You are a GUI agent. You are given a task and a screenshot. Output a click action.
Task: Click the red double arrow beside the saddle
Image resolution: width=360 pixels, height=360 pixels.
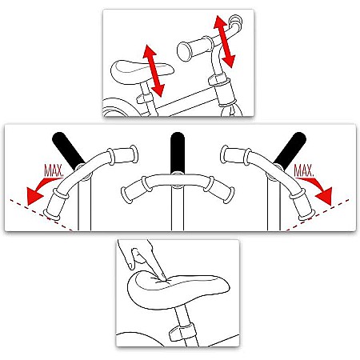coord(154,70)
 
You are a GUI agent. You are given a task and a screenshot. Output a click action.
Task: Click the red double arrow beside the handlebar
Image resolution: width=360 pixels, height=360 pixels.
coord(224,42)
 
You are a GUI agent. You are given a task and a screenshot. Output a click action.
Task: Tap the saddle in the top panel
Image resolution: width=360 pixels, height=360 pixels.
coord(142,71)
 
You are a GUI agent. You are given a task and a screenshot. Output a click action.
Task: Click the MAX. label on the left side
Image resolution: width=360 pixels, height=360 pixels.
coord(54,170)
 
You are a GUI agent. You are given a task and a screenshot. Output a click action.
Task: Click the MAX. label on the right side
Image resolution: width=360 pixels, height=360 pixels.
coord(303,170)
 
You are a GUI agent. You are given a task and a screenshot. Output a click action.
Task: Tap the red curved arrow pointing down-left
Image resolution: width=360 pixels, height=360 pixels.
coord(40,189)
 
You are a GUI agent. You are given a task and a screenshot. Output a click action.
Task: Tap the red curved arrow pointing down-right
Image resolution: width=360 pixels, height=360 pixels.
coord(318,189)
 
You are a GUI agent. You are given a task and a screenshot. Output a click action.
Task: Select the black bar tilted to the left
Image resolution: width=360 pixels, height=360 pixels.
coord(68,150)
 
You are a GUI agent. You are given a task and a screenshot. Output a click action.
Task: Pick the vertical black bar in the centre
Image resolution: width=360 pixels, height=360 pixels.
coord(178,153)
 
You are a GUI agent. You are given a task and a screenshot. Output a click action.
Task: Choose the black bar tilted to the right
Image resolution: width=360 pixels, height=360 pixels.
coord(290,150)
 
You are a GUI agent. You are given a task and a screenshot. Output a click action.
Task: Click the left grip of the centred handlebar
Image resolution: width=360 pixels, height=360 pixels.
coord(134,189)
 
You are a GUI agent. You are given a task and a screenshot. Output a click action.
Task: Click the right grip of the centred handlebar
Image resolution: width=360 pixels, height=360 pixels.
coord(219,189)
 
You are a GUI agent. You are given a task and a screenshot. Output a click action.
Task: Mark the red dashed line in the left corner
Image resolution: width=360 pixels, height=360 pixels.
coord(41,214)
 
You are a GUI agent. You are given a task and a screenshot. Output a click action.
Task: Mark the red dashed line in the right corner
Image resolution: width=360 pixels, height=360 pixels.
coord(318,214)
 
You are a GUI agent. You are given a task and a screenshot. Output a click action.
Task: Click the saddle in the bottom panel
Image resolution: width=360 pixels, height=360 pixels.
coord(178,290)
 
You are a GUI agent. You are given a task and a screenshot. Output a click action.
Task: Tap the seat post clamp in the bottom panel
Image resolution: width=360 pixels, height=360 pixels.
coord(182,332)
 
